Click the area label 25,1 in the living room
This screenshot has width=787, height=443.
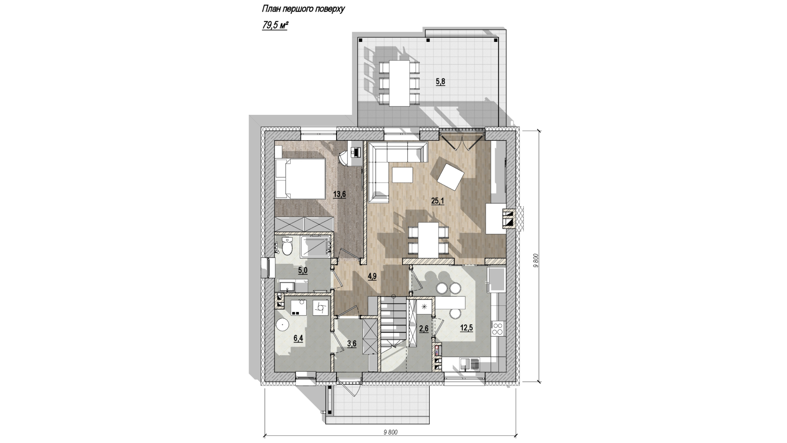point(438,201)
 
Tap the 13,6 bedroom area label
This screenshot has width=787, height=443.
point(339,194)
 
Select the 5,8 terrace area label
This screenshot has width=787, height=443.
point(440,82)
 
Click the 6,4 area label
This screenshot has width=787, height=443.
point(298,338)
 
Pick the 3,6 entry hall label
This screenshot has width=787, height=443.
point(352,344)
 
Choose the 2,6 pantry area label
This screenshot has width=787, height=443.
point(424,329)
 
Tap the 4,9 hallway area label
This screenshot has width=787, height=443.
point(372,276)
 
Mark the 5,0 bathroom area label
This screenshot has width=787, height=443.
point(303,270)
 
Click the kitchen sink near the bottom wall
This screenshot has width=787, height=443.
point(470,364)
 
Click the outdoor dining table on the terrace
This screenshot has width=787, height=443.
point(399,83)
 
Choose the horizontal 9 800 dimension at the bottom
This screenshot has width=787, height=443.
point(391,432)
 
